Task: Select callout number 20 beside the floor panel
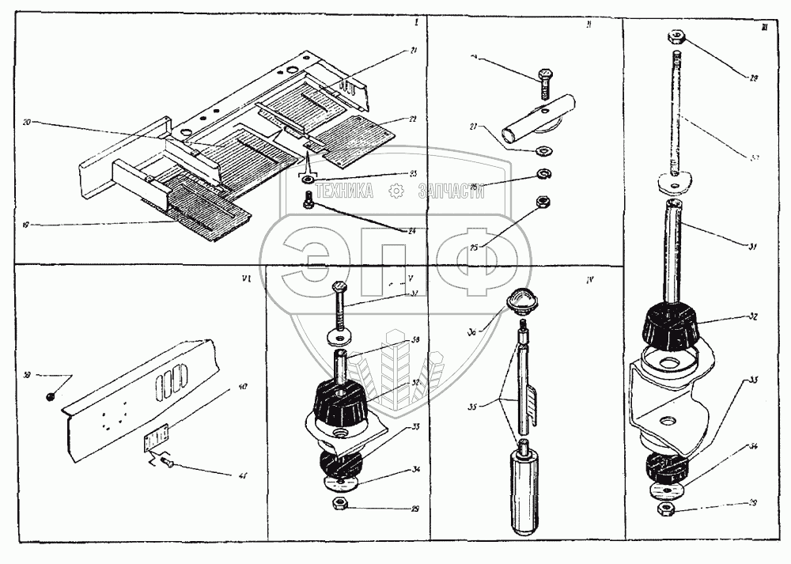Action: [28, 123]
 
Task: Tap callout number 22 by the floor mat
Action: [411, 119]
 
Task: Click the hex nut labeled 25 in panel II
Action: [543, 202]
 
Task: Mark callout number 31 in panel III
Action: [752, 248]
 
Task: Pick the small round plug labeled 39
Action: [49, 396]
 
